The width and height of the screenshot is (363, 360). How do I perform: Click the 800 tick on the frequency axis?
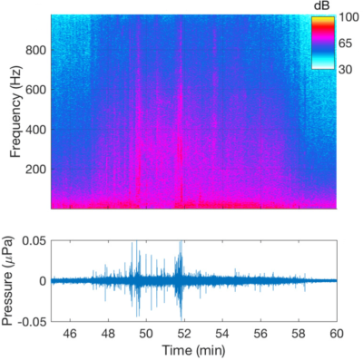(35, 51)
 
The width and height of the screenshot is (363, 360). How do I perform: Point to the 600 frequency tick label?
(35, 90)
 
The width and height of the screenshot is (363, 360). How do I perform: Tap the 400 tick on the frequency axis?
(35, 130)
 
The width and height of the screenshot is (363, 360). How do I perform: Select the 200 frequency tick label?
(35, 170)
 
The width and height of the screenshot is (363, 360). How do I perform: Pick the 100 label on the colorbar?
(349, 17)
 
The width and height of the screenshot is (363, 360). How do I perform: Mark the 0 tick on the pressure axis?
(42, 280)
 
